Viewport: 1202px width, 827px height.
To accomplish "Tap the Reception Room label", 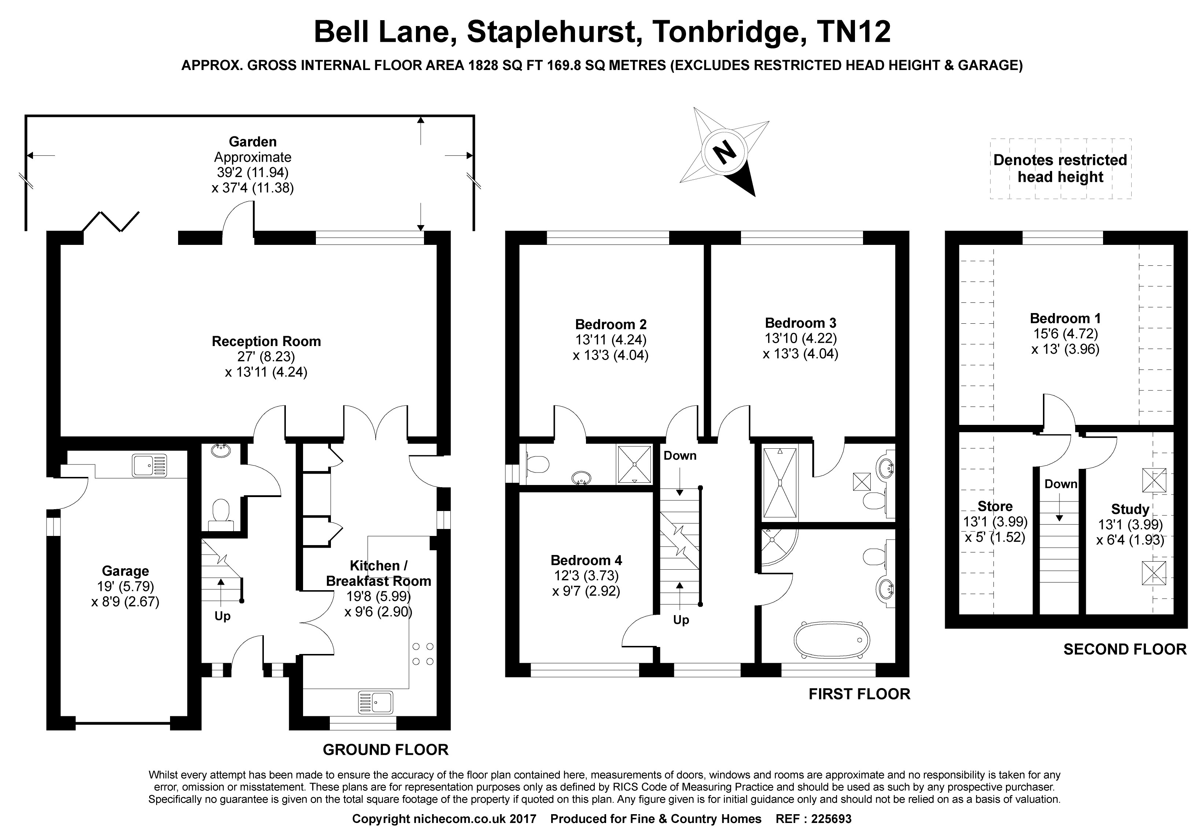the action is (x=266, y=342).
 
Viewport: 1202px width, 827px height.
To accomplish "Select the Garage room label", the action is (x=125, y=571).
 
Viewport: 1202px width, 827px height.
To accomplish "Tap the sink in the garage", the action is (x=150, y=465).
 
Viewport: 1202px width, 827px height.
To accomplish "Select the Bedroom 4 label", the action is (x=586, y=560).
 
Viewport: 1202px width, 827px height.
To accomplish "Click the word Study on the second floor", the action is (x=1130, y=510).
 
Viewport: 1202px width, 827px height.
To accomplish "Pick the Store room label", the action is (x=995, y=506).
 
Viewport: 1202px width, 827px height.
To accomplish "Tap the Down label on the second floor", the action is (x=1061, y=484).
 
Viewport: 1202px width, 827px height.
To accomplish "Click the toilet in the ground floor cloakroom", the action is (x=221, y=510).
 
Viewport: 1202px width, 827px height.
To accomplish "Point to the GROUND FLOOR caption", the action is (x=385, y=750).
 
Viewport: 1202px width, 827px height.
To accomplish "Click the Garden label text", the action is (x=253, y=141).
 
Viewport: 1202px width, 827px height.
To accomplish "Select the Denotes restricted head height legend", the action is (x=1060, y=168).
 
